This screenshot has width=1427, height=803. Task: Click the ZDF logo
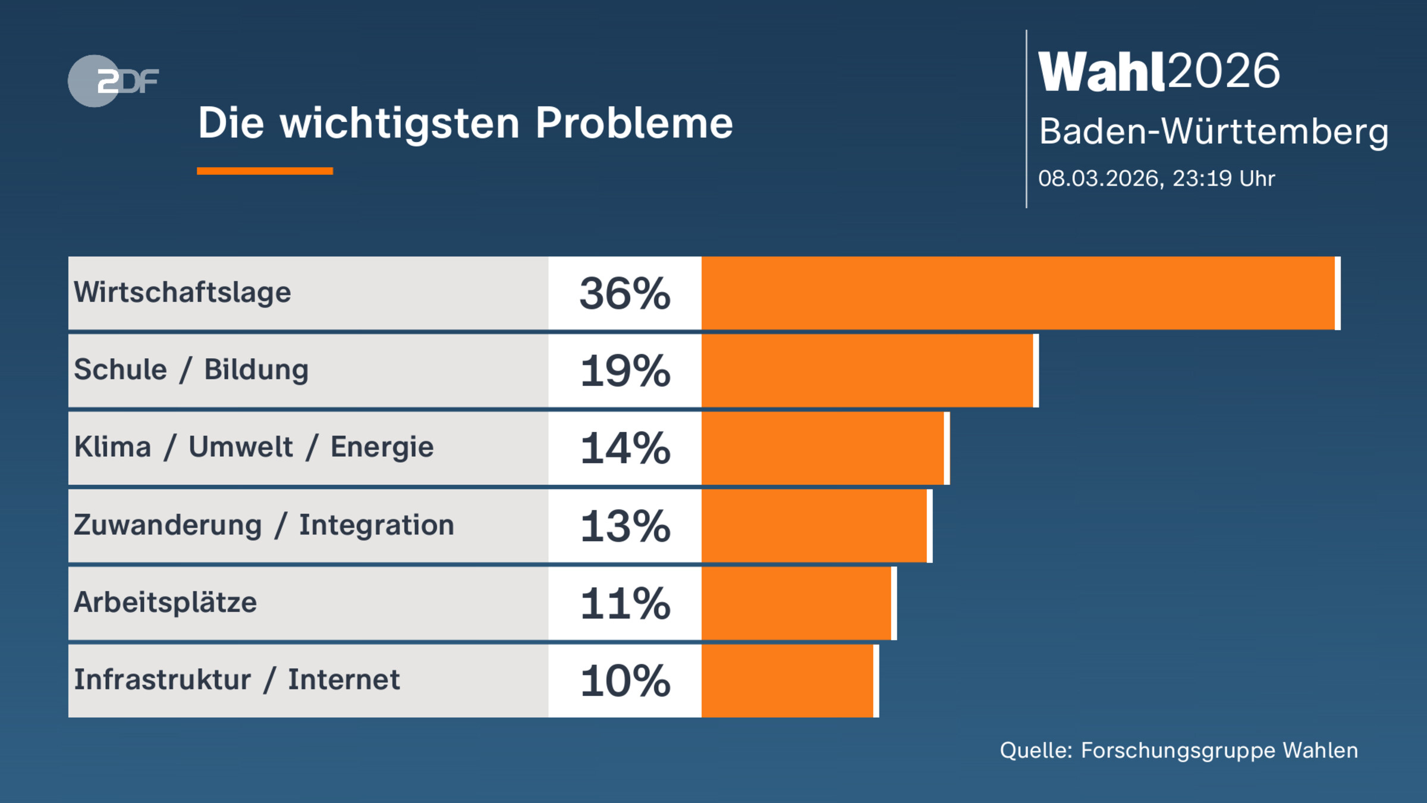[112, 81]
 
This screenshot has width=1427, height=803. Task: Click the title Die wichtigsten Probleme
[465, 124]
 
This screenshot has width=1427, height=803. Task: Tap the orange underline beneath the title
[265, 171]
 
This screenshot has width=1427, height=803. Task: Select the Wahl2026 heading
[1159, 72]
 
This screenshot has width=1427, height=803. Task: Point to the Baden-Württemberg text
[1214, 131]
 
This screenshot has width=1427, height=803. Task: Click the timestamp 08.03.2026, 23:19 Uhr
[1156, 178]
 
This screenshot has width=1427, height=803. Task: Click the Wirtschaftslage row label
[183, 293]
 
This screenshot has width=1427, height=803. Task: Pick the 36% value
[625, 294]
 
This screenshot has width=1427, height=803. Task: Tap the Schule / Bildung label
[191, 370]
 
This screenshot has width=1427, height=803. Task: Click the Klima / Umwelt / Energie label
[254, 447]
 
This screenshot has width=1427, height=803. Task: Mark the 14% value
[625, 448]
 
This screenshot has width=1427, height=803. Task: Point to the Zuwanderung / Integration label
[264, 525]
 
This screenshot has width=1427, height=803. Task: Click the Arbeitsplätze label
[165, 603]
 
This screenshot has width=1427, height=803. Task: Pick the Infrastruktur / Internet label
[237, 680]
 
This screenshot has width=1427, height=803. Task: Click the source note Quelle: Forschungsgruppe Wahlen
[1178, 751]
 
